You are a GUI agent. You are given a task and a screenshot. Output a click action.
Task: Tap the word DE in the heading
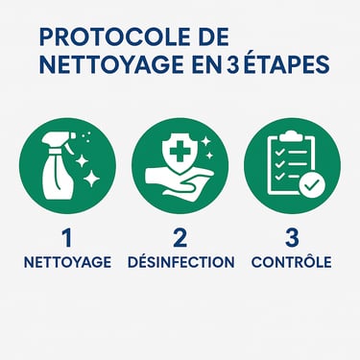tap(214, 37)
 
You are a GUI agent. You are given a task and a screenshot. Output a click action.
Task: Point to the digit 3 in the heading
tap(232, 64)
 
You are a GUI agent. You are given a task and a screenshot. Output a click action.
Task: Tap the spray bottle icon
tap(59, 166)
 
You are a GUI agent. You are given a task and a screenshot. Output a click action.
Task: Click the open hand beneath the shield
tap(179, 183)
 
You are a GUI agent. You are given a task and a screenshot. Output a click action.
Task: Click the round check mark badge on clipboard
tap(312, 185)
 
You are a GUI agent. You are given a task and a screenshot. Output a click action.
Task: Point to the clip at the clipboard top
tap(290, 136)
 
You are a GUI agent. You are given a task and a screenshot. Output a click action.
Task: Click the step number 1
tap(66, 238)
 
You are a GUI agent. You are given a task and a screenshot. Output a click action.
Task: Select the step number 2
tap(180, 238)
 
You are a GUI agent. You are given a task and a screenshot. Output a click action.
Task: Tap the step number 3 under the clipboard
tap(292, 238)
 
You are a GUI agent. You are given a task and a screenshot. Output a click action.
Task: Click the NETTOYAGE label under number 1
tap(67, 262)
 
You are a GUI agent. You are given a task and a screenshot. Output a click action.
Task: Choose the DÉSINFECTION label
tap(181, 261)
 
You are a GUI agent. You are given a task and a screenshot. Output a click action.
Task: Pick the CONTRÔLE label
tap(292, 261)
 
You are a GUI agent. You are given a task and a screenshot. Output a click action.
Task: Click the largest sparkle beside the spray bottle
tap(92, 179)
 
